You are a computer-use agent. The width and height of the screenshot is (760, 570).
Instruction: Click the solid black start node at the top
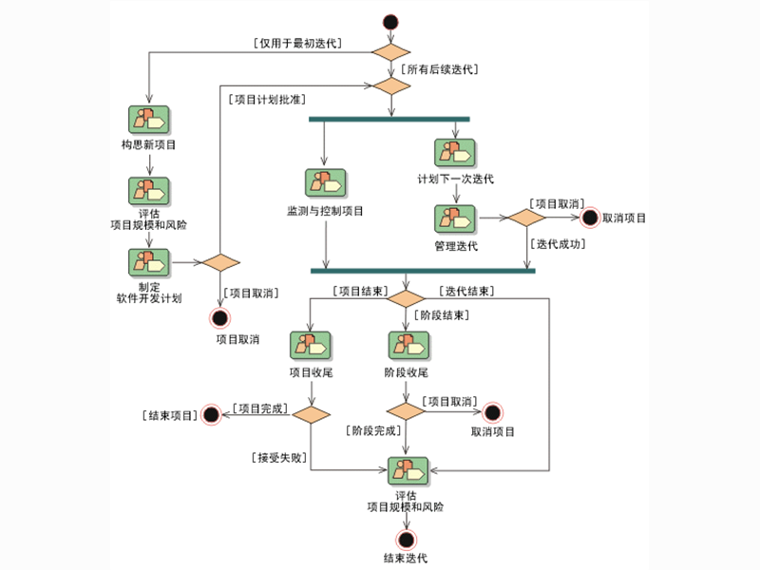tap(389, 22)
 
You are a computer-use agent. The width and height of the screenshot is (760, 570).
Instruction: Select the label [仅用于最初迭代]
tap(297, 43)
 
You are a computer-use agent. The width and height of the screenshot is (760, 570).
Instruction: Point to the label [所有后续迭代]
tap(438, 69)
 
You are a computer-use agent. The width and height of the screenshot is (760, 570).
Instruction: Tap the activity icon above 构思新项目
tap(148, 120)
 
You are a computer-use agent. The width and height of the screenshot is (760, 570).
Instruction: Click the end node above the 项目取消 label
tap(220, 317)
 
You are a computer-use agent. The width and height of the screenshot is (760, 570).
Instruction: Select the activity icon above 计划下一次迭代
tap(455, 154)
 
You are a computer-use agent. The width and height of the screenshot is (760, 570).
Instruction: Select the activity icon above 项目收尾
tap(311, 345)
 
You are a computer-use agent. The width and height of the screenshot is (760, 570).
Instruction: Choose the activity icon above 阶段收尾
tap(407, 345)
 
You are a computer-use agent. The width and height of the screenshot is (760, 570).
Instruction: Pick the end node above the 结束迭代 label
tap(407, 539)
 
